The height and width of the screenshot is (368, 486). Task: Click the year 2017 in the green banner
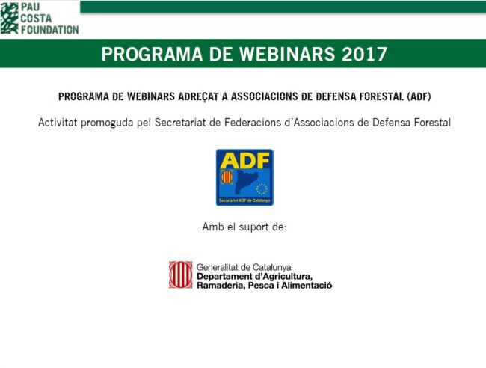(362, 54)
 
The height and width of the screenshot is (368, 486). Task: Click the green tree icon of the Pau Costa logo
(10, 18)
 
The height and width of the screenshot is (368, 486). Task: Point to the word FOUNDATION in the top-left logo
(49, 30)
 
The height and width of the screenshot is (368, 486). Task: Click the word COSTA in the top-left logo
(37, 18)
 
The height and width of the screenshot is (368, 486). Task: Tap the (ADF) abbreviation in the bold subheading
(419, 96)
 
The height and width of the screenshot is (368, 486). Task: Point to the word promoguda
(115, 122)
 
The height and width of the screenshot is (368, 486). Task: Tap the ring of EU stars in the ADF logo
(262, 188)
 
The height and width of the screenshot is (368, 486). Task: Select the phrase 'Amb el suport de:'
(244, 226)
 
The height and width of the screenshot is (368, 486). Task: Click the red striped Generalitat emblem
(180, 275)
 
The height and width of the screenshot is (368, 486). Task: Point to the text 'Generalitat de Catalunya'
(244, 266)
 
